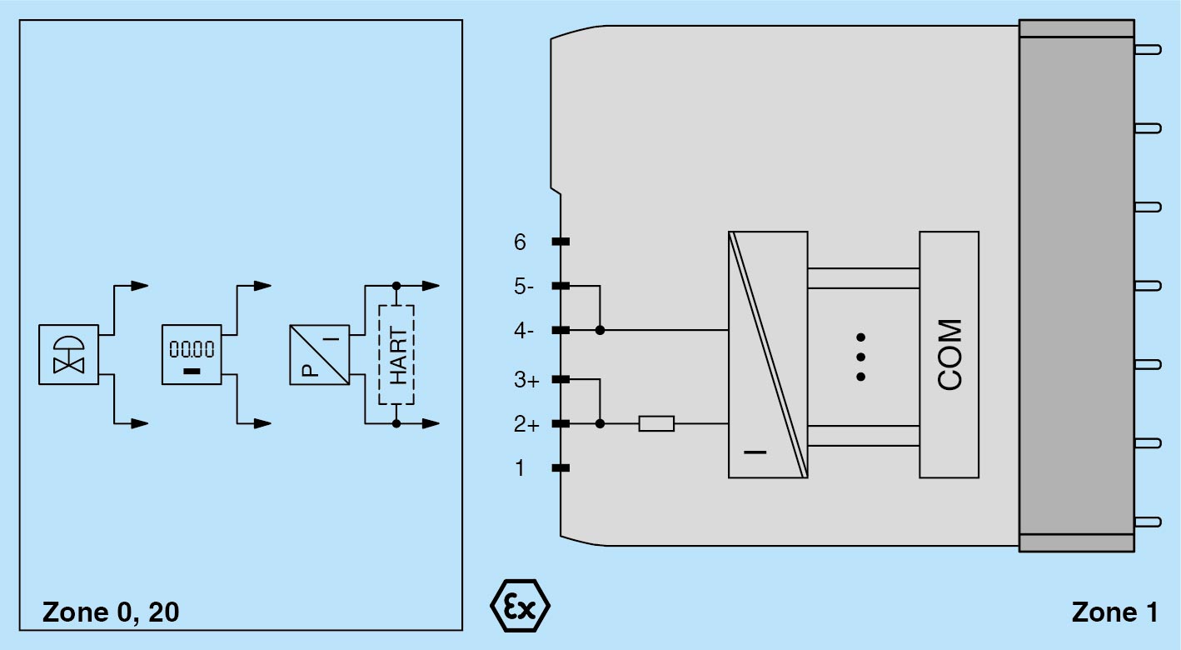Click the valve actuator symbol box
(68, 354)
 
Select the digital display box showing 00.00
(192, 354)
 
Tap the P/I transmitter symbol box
(319, 354)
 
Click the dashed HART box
(396, 354)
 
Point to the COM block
(949, 354)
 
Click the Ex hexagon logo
(519, 607)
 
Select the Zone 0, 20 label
(111, 612)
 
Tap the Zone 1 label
(1114, 612)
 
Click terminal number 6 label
(521, 242)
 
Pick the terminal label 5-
(524, 287)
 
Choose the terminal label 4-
(524, 331)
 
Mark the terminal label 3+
(526, 381)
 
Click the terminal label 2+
(526, 425)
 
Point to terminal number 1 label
(521, 468)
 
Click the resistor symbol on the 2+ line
(656, 424)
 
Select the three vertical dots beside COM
(861, 357)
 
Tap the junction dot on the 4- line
(600, 330)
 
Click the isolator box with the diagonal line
(767, 354)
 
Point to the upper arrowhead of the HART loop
(431, 286)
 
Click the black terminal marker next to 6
(561, 242)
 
